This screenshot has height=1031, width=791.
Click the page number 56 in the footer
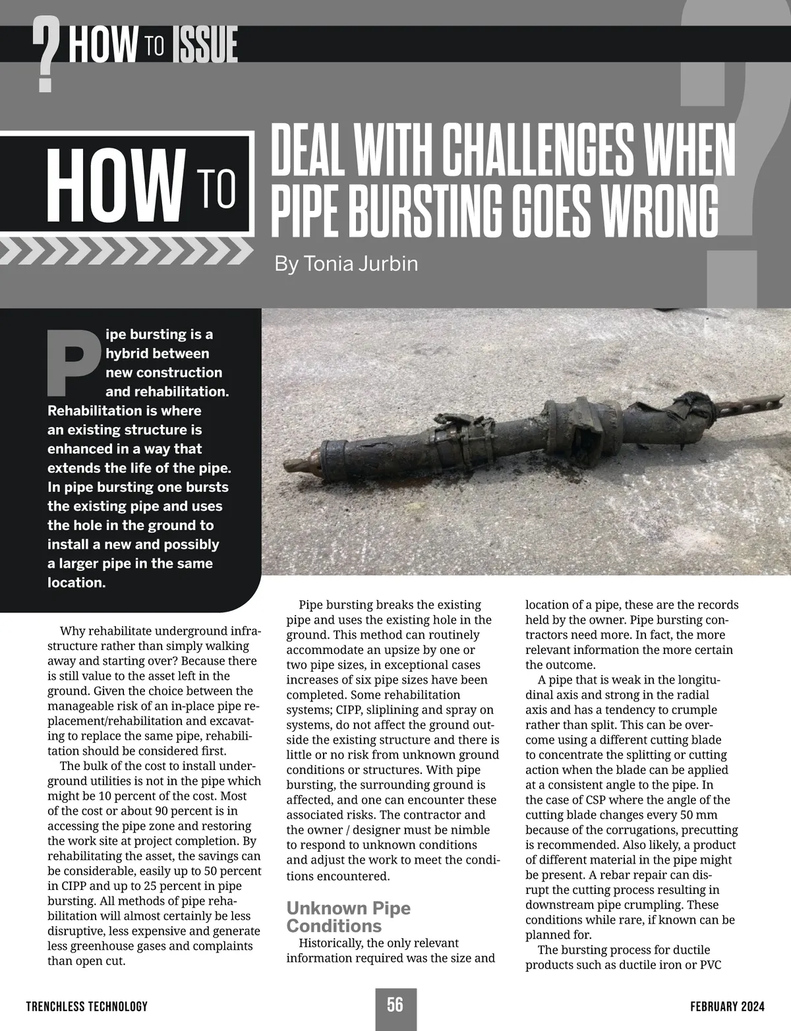click(x=395, y=1005)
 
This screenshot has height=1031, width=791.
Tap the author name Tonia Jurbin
click(x=346, y=264)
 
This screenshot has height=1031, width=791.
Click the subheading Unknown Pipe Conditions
click(x=348, y=916)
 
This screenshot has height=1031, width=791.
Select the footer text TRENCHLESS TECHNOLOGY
click(x=86, y=1007)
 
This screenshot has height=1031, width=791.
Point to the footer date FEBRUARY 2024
click(x=727, y=1007)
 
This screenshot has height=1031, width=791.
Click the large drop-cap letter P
click(x=74, y=360)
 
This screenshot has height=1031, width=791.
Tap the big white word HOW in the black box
click(x=114, y=187)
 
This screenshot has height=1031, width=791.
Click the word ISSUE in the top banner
click(x=204, y=46)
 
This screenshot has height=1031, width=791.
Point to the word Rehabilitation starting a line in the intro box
click(x=91, y=411)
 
